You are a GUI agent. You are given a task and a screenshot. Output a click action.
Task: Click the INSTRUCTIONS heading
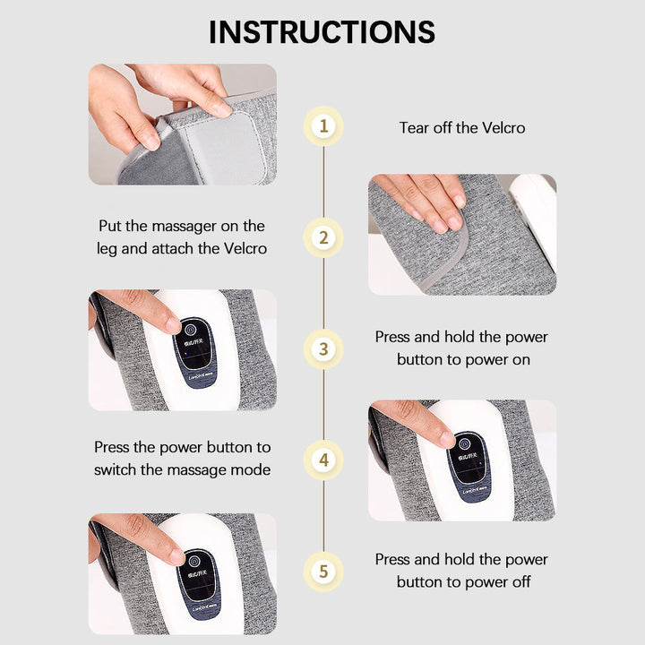click(x=322, y=31)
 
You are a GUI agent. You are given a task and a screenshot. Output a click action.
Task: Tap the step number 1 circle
click(x=323, y=125)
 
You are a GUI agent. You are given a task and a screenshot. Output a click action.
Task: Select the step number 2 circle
click(x=323, y=237)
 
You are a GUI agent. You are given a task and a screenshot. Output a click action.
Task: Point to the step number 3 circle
click(x=323, y=348)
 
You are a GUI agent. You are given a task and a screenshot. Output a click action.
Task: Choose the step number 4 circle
click(x=323, y=460)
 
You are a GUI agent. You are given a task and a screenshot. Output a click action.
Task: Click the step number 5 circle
click(x=323, y=571)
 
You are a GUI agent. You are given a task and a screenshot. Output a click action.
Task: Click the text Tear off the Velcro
click(x=462, y=127)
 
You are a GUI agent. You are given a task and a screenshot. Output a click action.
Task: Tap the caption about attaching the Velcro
click(x=182, y=237)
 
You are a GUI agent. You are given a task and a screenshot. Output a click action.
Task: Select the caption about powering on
click(x=462, y=348)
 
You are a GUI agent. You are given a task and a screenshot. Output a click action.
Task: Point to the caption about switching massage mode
click(x=182, y=458)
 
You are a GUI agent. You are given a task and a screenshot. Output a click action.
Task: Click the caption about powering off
click(x=462, y=571)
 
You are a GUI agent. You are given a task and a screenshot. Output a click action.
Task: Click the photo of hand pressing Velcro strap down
click(x=462, y=235)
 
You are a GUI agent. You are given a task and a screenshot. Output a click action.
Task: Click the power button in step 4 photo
click(x=465, y=440)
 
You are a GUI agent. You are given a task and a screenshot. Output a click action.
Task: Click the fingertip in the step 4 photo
click(x=446, y=439)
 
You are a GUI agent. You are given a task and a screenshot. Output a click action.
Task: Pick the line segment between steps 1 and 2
click(x=323, y=181)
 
